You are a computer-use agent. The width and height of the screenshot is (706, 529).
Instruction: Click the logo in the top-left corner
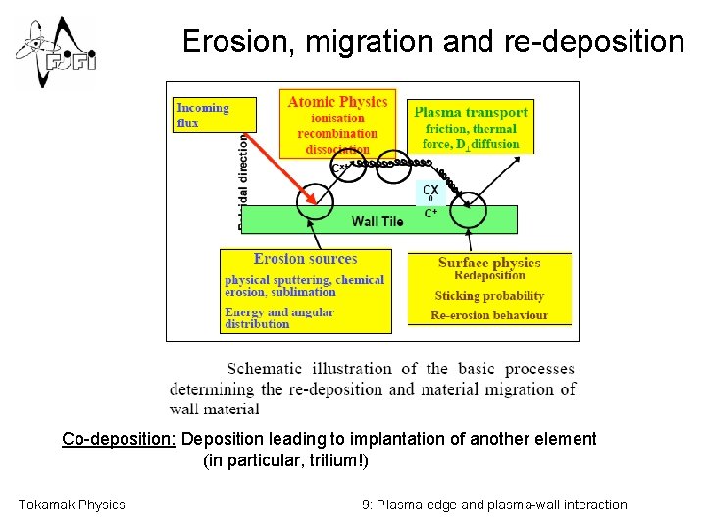click(54, 52)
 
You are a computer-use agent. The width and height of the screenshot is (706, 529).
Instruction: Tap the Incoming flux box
click(214, 115)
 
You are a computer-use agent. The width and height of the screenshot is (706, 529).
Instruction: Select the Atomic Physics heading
click(337, 101)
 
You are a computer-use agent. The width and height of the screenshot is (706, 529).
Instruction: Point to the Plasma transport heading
click(471, 112)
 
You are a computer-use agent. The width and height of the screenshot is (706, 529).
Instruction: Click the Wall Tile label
click(378, 221)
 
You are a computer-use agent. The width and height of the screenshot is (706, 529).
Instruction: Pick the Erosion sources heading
click(305, 259)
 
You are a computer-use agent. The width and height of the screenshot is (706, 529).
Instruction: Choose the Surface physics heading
click(489, 263)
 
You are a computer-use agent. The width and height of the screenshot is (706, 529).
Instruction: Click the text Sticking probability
click(489, 295)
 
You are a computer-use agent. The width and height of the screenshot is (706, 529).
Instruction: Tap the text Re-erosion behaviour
click(489, 315)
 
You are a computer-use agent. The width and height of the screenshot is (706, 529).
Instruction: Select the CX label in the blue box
click(430, 190)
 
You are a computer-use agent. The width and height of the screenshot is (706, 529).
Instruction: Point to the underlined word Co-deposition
click(119, 439)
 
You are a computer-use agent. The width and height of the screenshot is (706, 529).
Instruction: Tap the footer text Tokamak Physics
click(72, 505)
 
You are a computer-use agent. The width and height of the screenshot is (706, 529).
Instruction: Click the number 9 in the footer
click(366, 505)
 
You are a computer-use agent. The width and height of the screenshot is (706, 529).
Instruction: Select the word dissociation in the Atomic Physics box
click(337, 149)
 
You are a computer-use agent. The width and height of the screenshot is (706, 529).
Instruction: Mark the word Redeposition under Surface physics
click(489, 276)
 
